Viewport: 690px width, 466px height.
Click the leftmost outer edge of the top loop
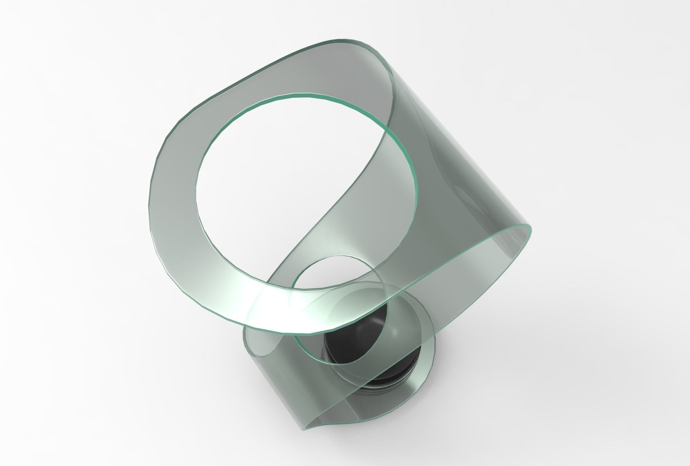[150, 201]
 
